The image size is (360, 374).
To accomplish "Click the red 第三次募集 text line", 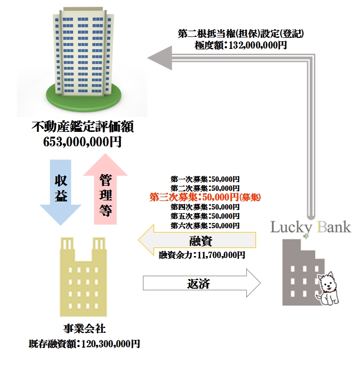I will [205, 197].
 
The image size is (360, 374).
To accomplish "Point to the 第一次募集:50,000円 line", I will [205, 179].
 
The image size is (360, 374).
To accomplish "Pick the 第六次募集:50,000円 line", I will [205, 225].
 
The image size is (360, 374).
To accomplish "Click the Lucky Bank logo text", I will [311, 226].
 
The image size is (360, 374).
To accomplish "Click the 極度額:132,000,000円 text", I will [241, 46].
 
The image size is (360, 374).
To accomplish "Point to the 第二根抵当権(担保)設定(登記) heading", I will [241, 34].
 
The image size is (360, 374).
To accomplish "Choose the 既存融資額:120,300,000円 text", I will [84, 344].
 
